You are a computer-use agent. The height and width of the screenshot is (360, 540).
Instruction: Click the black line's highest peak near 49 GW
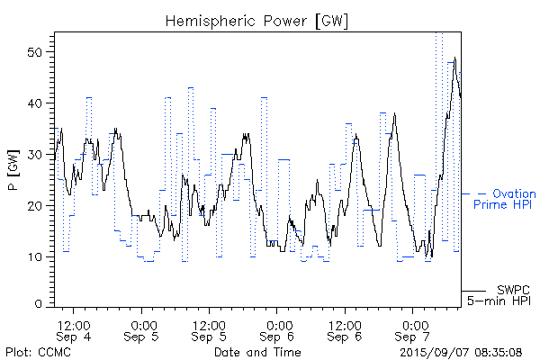click(455, 58)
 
